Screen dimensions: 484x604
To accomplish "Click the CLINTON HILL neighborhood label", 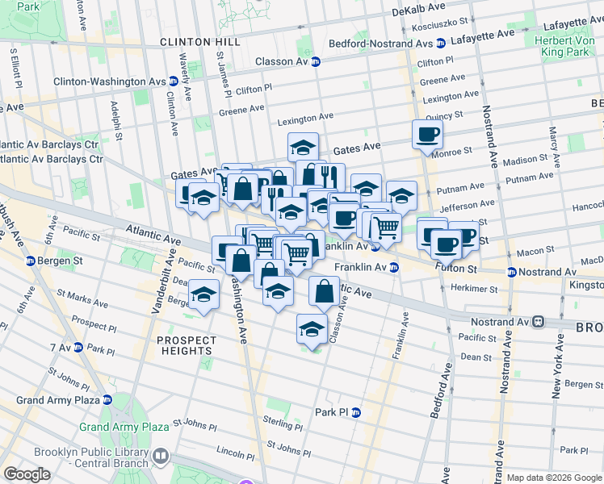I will click(190, 41).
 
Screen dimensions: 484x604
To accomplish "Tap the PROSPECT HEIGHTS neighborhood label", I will click(187, 345).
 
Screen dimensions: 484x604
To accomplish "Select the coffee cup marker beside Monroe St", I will click(427, 135).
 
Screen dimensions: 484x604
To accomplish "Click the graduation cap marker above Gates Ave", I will click(303, 148).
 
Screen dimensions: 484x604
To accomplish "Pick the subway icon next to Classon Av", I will click(316, 61).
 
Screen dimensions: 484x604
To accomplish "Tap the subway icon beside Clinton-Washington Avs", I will click(174, 81).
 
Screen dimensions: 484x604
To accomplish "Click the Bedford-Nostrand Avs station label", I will click(381, 44).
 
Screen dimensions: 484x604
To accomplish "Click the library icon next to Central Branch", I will click(161, 457).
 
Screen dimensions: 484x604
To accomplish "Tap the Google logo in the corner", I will click(27, 474).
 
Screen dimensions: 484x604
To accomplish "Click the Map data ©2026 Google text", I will click(554, 478).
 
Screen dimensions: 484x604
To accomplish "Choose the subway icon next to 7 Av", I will click(78, 348).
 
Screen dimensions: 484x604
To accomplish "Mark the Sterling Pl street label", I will click(282, 420).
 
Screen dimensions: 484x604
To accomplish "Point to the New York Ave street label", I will click(556, 367).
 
